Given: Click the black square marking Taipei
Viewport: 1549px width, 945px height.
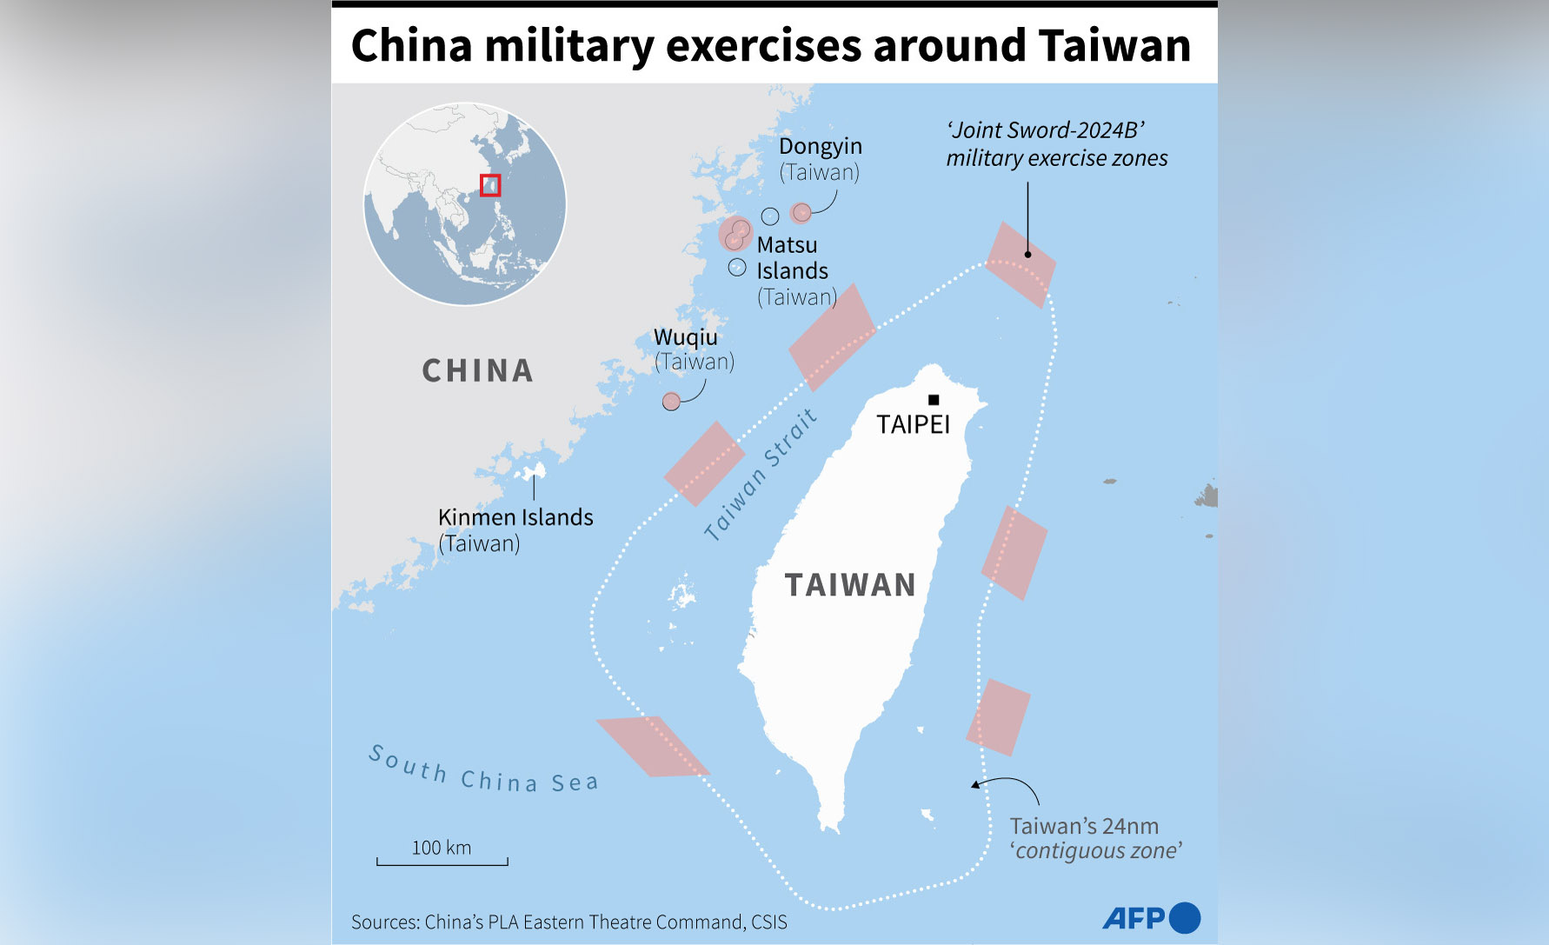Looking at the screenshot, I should point(934,400).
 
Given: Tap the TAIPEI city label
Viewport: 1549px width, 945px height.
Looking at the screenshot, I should point(913,424).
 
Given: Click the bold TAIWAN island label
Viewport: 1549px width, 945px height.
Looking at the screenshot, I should point(850,585).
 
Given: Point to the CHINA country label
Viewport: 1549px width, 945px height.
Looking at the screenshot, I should point(477,371).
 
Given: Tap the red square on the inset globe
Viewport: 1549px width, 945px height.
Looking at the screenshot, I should point(490,185).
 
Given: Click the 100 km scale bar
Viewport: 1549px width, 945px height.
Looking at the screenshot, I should point(442,861).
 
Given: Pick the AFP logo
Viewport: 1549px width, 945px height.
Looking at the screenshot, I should point(1151,918).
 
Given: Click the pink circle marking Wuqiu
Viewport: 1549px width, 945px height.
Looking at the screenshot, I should point(671,401).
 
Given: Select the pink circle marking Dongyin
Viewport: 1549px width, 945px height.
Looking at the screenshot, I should point(801,212).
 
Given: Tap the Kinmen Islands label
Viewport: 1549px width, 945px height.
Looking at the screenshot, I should point(515,517).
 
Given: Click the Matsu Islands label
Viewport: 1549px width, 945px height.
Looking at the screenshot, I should point(792,258).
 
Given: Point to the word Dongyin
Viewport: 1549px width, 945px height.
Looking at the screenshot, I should point(820,146).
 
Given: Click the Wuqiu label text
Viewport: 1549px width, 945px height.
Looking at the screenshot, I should point(686,337).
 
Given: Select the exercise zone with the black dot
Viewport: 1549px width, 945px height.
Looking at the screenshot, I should point(1020,264).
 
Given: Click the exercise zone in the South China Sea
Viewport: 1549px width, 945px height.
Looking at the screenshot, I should point(652,746).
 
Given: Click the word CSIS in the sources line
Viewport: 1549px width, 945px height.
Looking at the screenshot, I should point(768,922).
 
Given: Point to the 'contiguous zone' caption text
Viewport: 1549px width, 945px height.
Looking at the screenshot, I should point(1095,850).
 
